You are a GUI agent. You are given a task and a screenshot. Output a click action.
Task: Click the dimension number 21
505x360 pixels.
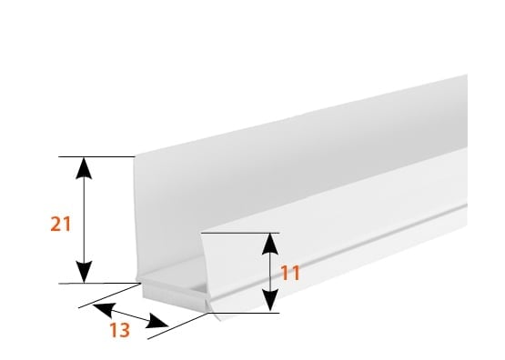(61, 224)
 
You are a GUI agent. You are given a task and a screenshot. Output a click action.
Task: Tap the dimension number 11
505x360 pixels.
(290, 273)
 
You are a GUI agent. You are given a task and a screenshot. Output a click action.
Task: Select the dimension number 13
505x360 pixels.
(120, 330)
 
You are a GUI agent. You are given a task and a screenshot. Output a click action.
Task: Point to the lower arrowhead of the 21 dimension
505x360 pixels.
(84, 272)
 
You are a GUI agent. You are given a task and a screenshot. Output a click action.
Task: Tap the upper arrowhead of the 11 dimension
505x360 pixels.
(270, 244)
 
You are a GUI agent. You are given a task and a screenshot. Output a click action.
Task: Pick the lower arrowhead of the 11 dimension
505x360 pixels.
(270, 301)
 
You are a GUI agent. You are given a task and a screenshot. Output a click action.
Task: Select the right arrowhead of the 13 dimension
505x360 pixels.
(157, 322)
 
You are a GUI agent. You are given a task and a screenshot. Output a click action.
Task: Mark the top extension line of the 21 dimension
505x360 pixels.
(96, 156)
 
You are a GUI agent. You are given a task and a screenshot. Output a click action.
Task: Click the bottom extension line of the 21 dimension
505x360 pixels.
(99, 284)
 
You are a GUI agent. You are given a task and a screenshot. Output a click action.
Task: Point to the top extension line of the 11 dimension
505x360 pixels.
(240, 233)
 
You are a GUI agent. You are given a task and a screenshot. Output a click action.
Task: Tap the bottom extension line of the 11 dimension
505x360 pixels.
(244, 313)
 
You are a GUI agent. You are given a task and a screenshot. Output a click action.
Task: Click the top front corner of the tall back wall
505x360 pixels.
(135, 156)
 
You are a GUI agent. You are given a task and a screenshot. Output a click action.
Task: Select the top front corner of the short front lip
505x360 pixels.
(201, 233)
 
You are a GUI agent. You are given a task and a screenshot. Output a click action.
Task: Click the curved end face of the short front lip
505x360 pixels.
(210, 274)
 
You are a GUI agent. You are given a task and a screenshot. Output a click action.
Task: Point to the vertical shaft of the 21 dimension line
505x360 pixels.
(84, 220)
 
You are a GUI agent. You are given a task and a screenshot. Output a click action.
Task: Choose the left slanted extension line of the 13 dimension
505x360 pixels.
(109, 295)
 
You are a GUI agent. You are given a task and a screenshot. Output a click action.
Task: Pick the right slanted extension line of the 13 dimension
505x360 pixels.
(177, 325)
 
